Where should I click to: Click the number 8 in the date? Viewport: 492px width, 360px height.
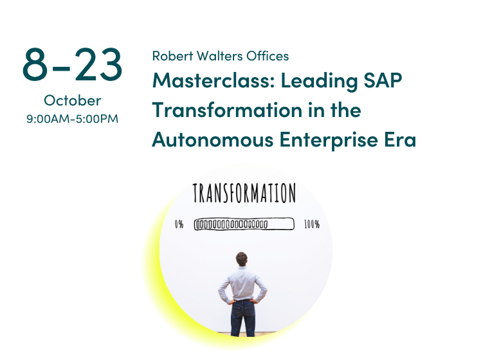35,64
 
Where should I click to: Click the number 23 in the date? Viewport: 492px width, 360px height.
98,64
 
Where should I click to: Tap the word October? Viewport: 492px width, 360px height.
73,101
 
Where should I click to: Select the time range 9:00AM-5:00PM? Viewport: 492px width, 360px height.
73,119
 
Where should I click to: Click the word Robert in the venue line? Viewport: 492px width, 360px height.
172,56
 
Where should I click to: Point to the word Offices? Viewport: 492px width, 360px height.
268,56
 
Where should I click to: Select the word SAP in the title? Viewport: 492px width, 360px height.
383,80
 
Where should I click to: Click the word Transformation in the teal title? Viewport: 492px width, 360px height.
227,110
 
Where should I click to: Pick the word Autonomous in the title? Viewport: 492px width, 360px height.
213,139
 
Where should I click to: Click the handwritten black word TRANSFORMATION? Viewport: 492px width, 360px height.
244,193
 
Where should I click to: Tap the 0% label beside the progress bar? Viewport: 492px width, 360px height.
179,224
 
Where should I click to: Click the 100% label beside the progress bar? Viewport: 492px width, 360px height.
312,224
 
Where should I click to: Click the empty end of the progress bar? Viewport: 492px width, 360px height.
281,224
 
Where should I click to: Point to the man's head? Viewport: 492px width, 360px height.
242,259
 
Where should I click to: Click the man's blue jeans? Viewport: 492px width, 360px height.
243,318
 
